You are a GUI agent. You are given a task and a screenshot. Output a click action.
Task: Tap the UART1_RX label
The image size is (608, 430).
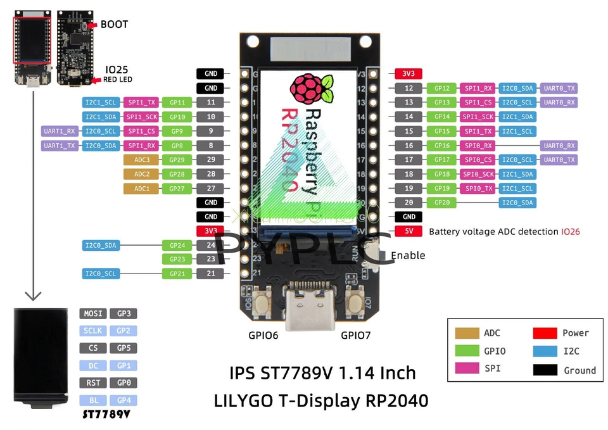coord(60,131)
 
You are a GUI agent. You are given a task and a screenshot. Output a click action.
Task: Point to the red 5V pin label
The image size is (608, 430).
coord(408,231)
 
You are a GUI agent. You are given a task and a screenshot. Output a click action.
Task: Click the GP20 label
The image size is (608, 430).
coord(441,203)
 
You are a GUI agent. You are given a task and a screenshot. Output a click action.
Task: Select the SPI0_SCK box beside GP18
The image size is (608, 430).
coord(478,174)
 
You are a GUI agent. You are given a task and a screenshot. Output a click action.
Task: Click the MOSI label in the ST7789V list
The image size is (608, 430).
coord(92,313)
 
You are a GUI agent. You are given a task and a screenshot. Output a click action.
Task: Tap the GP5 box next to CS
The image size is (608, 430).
coord(123,348)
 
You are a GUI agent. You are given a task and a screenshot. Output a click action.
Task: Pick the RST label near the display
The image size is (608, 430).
coord(92,383)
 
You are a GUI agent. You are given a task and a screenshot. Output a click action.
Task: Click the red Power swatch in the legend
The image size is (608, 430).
coord(545,333)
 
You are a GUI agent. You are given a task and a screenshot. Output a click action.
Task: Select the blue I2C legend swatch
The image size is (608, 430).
coord(545,351)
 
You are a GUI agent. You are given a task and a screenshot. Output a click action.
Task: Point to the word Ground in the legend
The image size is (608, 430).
coord(579,370)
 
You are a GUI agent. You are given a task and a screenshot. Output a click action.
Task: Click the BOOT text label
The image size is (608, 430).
coord(114,25)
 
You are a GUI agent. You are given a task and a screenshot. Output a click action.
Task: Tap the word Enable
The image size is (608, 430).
coord(408,256)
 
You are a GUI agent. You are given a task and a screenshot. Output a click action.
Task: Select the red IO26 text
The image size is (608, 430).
coord(570,232)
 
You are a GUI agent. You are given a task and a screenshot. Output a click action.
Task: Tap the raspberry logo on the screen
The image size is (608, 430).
coord(311,89)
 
